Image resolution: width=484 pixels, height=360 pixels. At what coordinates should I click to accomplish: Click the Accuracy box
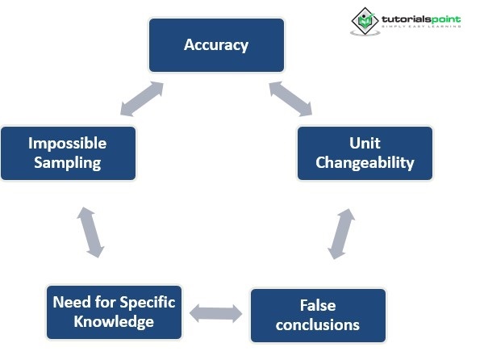216,45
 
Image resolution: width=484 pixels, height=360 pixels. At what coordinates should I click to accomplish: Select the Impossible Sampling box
68,153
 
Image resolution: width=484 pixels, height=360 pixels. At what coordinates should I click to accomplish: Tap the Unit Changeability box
365,153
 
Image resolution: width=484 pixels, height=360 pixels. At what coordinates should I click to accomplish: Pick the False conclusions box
318,315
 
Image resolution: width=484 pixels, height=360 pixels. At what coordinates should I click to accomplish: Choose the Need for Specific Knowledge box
114,312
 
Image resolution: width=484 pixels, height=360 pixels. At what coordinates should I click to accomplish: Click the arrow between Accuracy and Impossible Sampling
142,98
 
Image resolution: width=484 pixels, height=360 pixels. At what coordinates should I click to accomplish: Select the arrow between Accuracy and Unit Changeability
290,98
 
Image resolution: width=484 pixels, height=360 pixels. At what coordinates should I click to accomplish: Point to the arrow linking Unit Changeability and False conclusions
341,233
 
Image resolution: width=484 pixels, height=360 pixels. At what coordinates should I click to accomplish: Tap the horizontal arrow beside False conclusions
215,313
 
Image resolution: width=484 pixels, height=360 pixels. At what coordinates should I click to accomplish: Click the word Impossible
68,144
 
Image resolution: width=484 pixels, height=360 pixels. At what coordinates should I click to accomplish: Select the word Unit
365,144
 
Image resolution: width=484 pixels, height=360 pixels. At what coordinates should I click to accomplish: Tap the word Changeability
365,162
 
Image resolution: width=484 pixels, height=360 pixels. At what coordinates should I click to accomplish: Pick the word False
317,306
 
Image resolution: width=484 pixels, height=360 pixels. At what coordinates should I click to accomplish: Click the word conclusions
318,324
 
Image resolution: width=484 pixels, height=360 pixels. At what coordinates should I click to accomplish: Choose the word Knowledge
114,321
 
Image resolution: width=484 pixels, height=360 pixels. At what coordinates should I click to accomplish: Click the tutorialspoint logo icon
365,21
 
